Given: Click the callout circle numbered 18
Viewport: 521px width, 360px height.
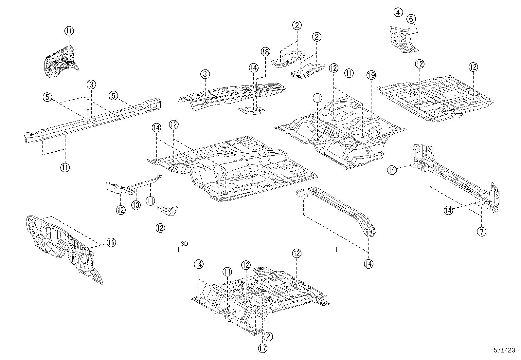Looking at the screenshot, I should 265,51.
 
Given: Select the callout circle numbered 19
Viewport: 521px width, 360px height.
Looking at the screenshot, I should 371,75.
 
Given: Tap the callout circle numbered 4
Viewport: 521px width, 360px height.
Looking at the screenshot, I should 398,13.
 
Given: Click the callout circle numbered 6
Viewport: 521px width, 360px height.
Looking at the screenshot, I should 411,19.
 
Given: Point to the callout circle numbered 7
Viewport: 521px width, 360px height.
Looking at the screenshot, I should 481,232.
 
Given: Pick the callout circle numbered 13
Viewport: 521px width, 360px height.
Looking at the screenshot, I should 136,205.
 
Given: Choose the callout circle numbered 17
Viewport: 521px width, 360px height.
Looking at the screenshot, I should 262,349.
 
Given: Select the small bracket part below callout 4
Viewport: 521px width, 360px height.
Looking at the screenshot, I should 402,39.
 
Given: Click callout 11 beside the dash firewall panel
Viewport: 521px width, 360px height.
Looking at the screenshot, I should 111,242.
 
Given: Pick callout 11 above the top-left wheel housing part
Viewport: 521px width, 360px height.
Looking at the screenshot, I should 69,31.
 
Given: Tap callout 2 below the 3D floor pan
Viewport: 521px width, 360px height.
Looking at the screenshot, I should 268,336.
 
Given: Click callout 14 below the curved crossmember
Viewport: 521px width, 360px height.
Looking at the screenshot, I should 368,264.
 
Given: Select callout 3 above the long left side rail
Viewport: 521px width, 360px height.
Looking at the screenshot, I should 91,85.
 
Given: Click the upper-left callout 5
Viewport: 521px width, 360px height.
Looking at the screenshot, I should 47,97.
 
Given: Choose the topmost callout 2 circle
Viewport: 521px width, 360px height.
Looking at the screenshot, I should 296,25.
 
